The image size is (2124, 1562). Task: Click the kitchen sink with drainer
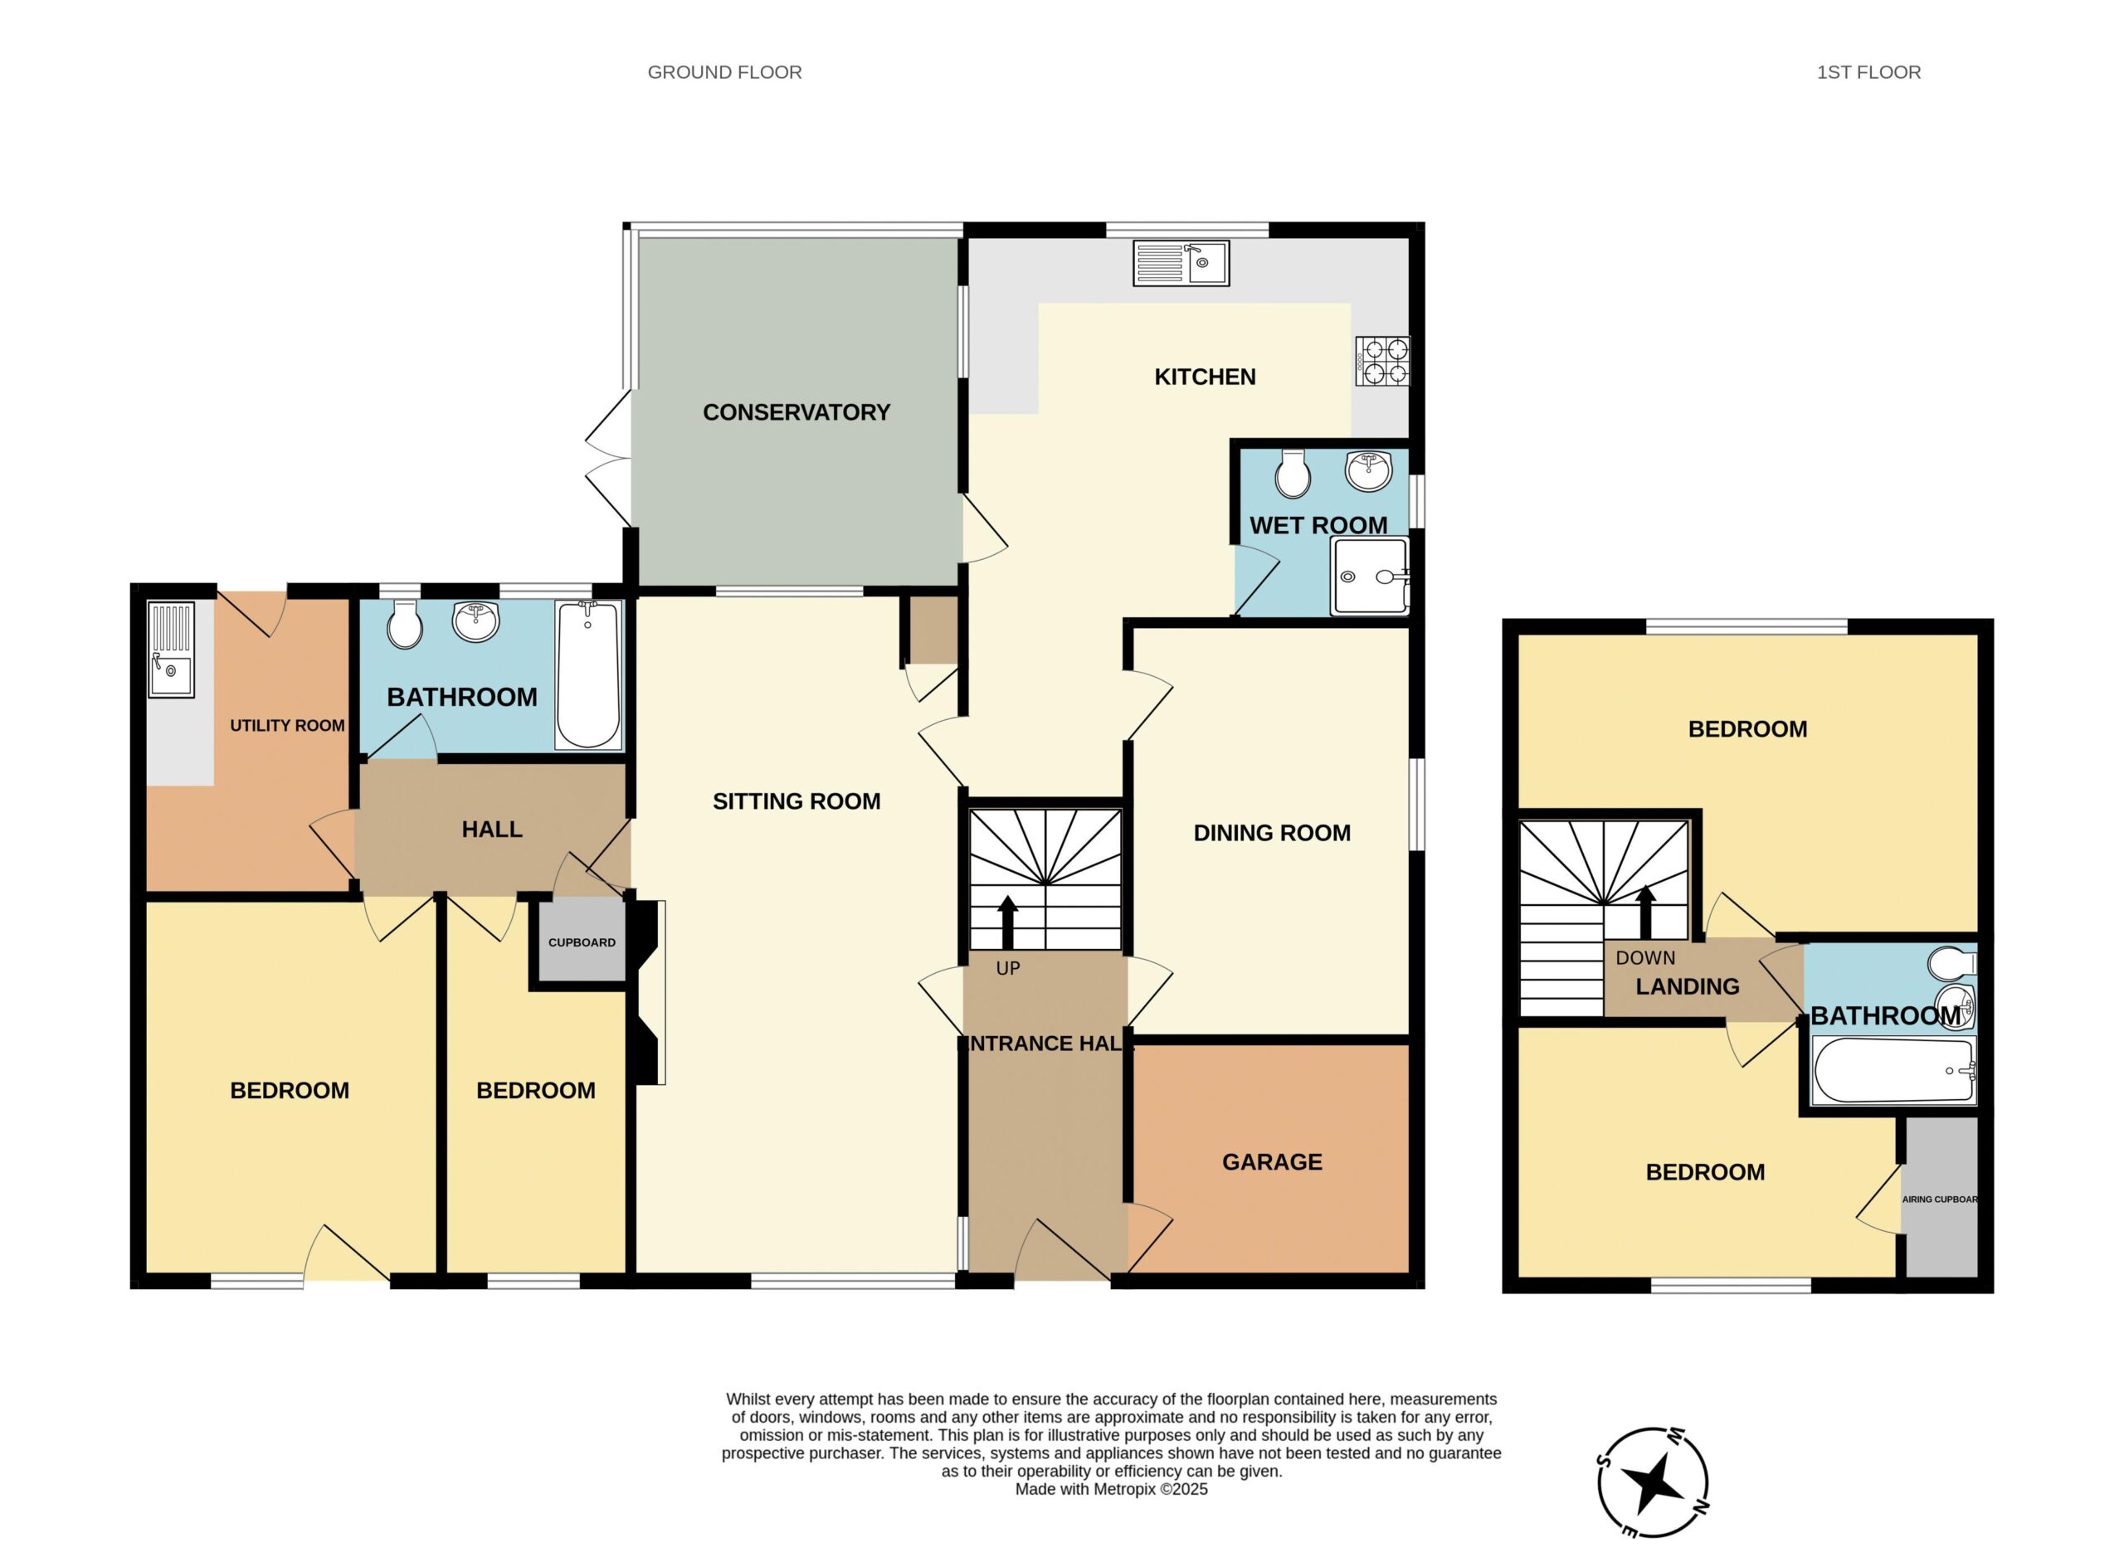point(1181,264)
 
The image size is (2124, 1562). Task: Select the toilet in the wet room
point(1293,473)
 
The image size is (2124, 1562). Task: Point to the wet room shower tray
point(1369,576)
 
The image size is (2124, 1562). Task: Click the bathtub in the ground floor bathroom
point(588,675)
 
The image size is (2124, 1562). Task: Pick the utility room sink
point(171,650)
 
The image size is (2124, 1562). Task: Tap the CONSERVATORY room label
point(796,412)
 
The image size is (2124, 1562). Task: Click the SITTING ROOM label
point(796,800)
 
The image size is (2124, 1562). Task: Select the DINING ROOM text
point(1272,833)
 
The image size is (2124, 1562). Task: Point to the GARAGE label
point(1272,1162)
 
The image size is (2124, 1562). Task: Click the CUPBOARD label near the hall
point(582,942)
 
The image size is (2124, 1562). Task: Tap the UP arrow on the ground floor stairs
point(1007,922)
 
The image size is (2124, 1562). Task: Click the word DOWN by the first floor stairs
point(1645,958)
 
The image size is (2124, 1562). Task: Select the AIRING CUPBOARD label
point(1939,1199)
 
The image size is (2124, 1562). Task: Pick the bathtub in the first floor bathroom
point(1893,1070)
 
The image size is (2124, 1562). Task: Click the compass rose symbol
point(1653,1482)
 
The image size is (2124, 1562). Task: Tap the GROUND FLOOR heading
point(724,72)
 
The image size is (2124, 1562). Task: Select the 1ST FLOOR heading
point(1868,72)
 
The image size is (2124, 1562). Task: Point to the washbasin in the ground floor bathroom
point(475,621)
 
